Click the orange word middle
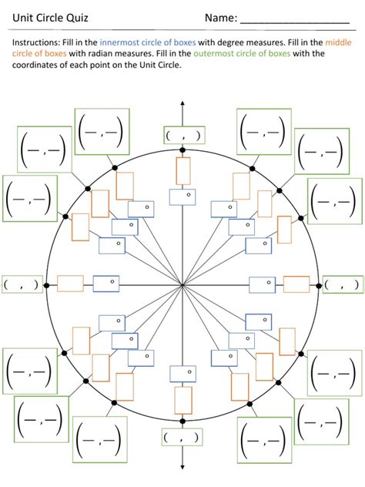(x=338, y=43)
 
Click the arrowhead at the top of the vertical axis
(x=182, y=103)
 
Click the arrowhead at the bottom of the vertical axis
(x=182, y=465)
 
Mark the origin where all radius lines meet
(x=182, y=285)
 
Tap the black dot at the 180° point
(x=46, y=285)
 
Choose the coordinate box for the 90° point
(x=183, y=135)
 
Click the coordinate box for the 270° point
(x=182, y=437)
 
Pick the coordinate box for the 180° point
(x=22, y=284)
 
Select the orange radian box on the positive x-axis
(x=296, y=284)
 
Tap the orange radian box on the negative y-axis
(x=182, y=400)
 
